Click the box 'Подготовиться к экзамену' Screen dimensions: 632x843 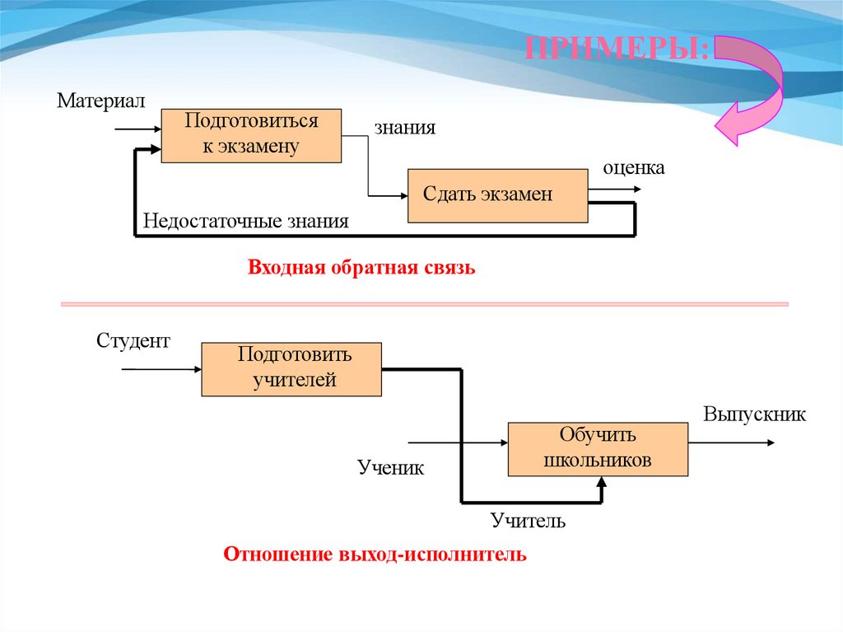tap(250, 135)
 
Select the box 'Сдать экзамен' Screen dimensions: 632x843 tap(497, 195)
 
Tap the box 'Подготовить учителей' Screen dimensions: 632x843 tap(291, 368)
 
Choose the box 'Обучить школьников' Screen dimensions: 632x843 tap(598, 449)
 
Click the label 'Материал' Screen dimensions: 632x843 tap(100, 101)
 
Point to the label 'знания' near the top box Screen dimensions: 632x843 tap(405, 128)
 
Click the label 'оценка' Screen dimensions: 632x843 tap(633, 167)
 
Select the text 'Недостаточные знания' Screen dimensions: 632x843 tap(245, 221)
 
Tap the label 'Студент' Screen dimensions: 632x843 tap(133, 340)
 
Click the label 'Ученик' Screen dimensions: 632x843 tap(390, 468)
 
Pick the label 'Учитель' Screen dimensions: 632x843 tap(528, 521)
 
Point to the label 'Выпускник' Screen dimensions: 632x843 tap(754, 414)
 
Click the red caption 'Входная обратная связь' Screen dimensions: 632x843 tap(361, 269)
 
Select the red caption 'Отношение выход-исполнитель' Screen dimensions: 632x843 tap(375, 554)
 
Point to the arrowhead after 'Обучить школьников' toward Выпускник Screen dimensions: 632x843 tap(769, 442)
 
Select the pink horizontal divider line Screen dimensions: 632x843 tap(425, 304)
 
